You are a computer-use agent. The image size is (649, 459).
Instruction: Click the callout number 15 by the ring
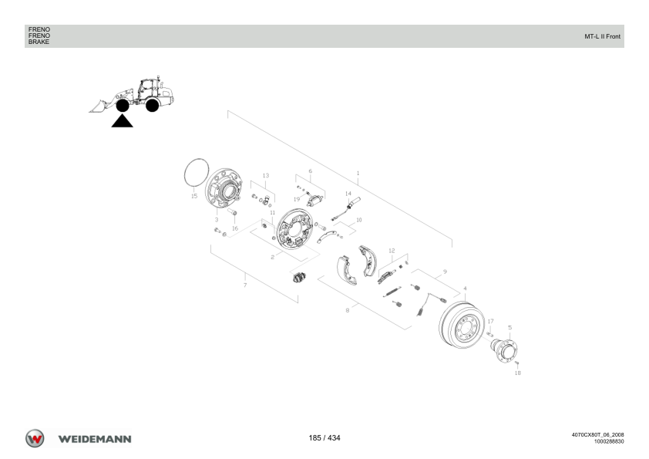tap(194, 196)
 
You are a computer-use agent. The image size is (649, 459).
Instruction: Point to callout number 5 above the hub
tap(510, 327)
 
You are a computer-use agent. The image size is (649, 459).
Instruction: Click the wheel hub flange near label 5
tap(505, 351)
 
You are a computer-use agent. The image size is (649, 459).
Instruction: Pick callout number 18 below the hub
tap(518, 373)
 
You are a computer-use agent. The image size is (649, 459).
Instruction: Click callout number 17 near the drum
tap(491, 321)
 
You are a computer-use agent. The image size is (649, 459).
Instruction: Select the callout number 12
tap(392, 251)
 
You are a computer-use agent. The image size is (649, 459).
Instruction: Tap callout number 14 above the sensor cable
tap(348, 194)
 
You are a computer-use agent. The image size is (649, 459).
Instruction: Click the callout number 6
tap(311, 171)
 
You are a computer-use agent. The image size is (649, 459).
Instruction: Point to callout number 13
tap(266, 176)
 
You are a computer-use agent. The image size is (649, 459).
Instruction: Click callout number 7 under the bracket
tap(245, 285)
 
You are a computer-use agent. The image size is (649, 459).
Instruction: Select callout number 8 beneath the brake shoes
tap(348, 310)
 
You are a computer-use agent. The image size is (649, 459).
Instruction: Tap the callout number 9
tap(445, 272)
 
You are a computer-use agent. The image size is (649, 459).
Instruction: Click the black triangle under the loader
tap(122, 121)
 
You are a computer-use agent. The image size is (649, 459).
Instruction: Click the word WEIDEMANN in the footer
tap(95, 439)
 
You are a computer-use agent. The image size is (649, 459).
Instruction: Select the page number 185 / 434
tap(324, 438)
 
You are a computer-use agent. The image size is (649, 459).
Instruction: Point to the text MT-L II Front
tap(602, 36)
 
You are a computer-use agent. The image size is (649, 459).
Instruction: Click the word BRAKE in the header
tap(39, 42)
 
